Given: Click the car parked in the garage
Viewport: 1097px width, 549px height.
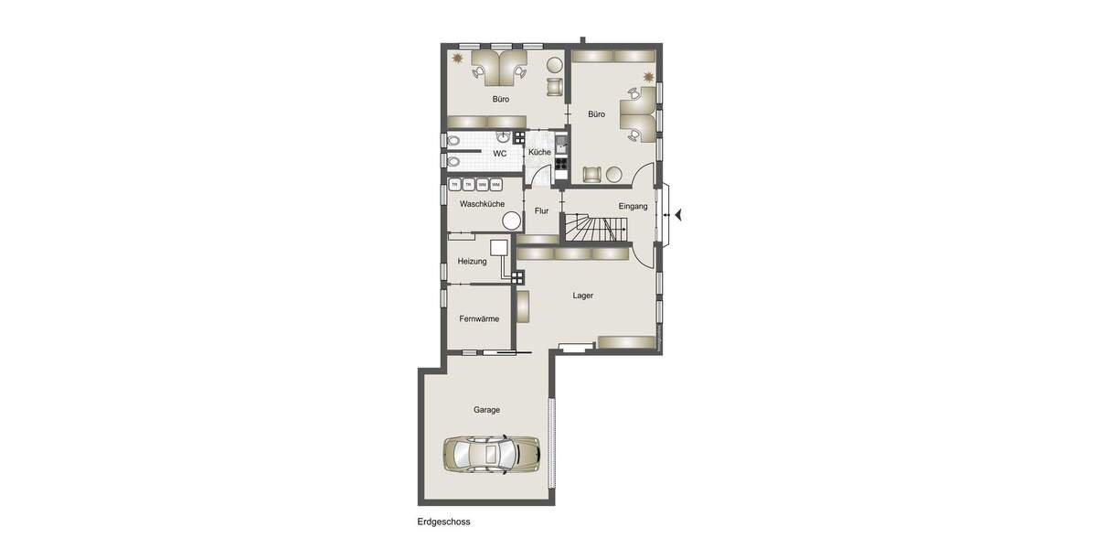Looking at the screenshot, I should (x=492, y=452).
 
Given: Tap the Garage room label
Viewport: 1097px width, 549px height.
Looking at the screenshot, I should (x=486, y=410).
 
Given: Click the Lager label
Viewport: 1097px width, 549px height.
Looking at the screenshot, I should (x=583, y=296).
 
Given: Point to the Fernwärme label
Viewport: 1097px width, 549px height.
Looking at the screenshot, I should (x=479, y=319).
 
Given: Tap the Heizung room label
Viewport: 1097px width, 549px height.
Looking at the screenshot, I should (x=473, y=262).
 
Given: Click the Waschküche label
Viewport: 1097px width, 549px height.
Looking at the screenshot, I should (x=482, y=204).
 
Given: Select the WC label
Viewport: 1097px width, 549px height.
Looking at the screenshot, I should (x=500, y=154).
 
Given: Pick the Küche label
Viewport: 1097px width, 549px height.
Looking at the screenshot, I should (x=539, y=152).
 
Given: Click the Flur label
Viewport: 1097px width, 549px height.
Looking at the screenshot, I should (x=541, y=211).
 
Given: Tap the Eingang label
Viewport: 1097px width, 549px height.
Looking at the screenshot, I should (x=633, y=206).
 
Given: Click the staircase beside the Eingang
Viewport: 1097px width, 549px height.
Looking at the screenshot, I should (x=594, y=228).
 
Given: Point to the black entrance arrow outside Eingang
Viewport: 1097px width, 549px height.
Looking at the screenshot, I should (x=679, y=215).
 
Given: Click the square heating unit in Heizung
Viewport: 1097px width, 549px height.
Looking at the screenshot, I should (x=499, y=247).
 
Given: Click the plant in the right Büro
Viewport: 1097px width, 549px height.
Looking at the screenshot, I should (x=648, y=76).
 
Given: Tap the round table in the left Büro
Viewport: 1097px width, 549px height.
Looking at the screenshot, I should (x=554, y=65).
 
